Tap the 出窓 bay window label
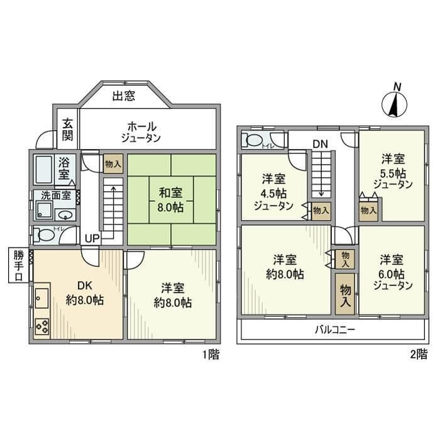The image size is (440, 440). click(x=125, y=96)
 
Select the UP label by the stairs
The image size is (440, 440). click(x=92, y=239)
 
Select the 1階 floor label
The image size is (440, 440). click(x=210, y=355)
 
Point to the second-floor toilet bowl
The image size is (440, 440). click(x=255, y=140)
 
